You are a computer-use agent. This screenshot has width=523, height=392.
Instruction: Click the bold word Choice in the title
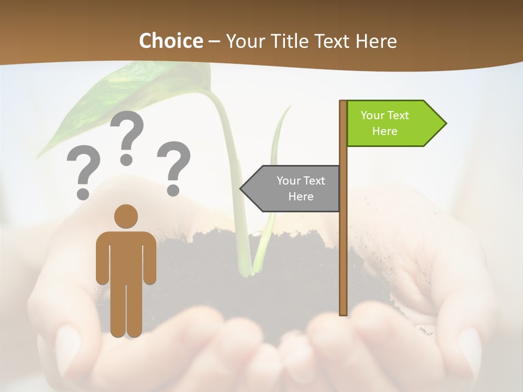click(171, 41)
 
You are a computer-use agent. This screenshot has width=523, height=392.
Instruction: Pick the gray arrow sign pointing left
click(291, 188)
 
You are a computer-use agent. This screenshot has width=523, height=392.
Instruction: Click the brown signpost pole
click(343, 245)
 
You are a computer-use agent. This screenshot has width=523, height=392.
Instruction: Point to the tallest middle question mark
click(127, 131)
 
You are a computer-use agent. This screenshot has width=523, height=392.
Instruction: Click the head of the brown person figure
click(126, 216)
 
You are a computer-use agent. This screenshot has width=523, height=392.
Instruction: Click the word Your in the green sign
click(373, 115)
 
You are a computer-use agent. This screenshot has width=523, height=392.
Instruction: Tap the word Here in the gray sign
click(301, 197)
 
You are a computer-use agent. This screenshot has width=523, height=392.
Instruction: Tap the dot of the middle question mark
click(126, 160)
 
